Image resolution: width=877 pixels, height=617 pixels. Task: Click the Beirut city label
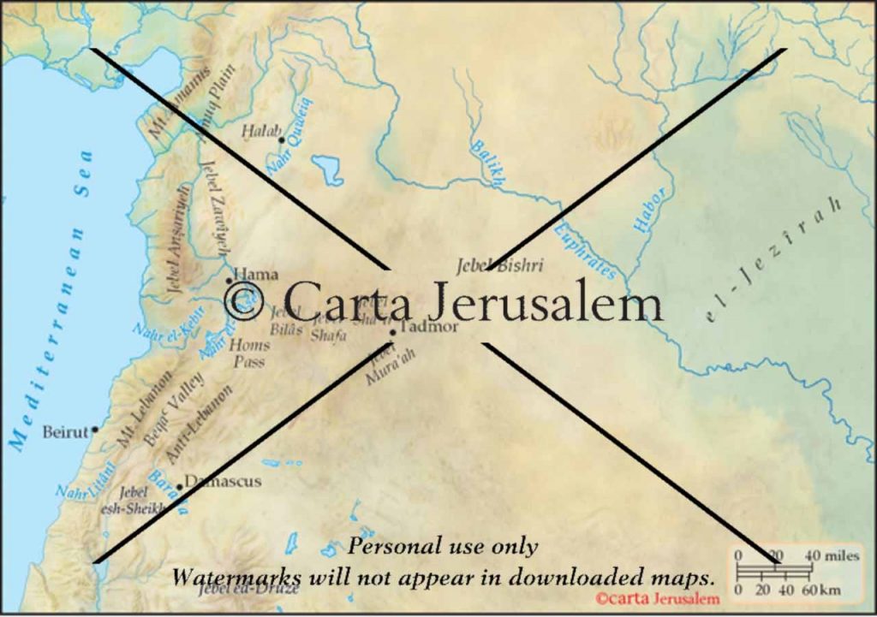click(65, 432)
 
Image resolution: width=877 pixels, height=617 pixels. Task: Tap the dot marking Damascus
click(179, 487)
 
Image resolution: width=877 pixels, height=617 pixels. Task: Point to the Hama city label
click(256, 274)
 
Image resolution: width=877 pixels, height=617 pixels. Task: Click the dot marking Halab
click(281, 139)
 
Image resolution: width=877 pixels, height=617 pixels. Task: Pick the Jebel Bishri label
click(500, 265)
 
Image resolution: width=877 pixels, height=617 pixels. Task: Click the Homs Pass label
click(250, 353)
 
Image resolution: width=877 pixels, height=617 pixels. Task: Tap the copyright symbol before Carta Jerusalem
click(242, 300)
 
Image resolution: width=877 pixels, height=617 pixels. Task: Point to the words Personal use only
click(443, 547)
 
